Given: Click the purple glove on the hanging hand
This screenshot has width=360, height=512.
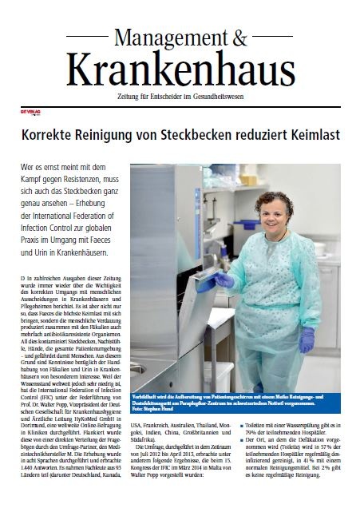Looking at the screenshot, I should [x=307, y=339].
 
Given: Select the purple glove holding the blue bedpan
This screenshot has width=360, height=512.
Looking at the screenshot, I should [x=224, y=280].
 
